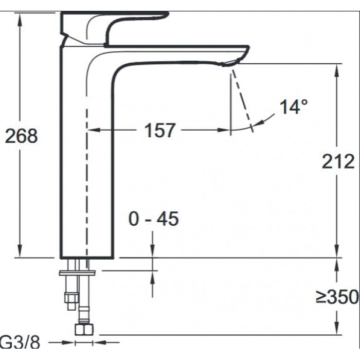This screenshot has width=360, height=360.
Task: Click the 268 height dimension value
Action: click(21, 136)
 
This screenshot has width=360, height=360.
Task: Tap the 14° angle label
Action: click(294, 107)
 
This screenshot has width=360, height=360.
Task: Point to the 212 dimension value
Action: click(338, 161)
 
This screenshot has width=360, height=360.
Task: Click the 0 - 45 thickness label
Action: click(153, 219)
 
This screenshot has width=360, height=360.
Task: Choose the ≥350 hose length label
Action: click(337, 297)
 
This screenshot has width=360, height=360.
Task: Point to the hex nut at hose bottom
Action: click(83, 330)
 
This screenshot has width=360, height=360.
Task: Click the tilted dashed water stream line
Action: click(242, 100)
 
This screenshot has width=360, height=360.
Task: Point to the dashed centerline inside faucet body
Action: click(87, 180)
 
